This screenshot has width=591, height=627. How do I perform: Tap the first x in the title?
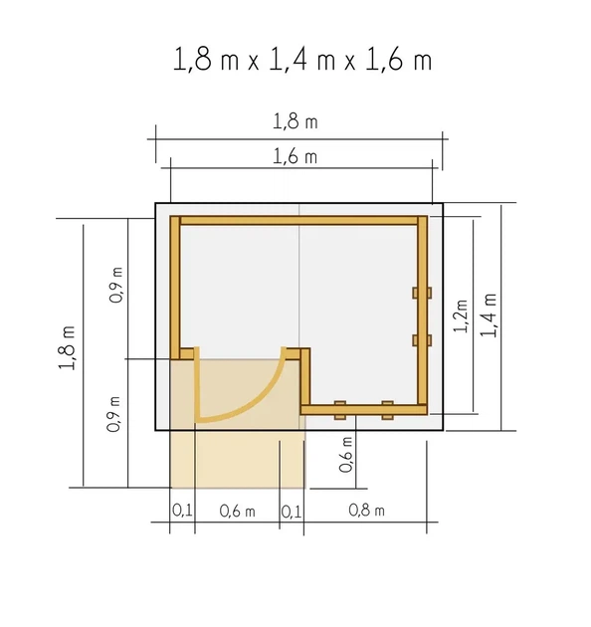[253, 63]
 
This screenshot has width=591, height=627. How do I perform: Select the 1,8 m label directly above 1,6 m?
[295, 121]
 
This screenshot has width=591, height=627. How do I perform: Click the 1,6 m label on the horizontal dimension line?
[295, 156]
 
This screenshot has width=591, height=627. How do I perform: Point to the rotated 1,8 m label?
[68, 348]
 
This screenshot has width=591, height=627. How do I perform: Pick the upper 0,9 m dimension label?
[116, 285]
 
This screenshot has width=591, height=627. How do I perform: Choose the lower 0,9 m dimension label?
[113, 414]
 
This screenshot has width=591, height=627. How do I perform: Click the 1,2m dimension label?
[461, 315]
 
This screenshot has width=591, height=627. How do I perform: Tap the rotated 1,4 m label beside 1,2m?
[489, 315]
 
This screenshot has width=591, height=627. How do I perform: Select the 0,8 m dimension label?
[367, 511]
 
